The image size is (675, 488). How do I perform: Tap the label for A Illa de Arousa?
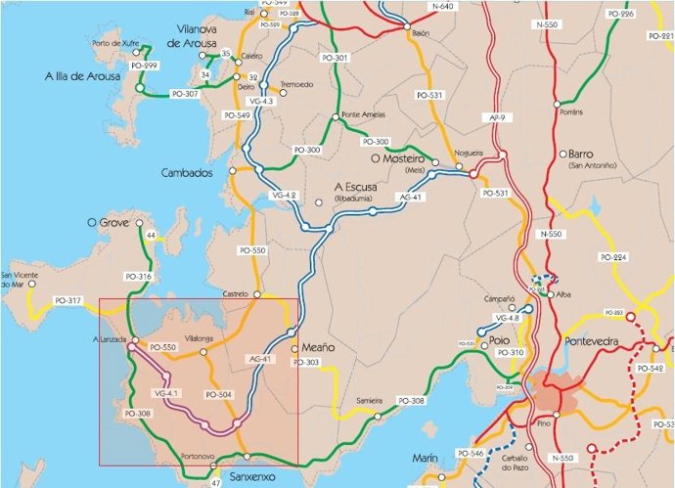pos(83,75)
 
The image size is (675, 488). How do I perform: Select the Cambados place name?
pos(187,172)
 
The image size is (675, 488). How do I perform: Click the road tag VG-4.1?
pos(166,393)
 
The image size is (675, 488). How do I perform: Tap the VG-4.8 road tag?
pos(508,319)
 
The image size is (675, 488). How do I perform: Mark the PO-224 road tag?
pos(613,256)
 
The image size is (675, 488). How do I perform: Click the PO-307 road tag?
pos(184,94)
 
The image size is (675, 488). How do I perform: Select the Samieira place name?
pos(369,401)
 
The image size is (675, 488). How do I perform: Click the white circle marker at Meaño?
pos(295,347)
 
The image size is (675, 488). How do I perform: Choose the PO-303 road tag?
pos(306,363)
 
